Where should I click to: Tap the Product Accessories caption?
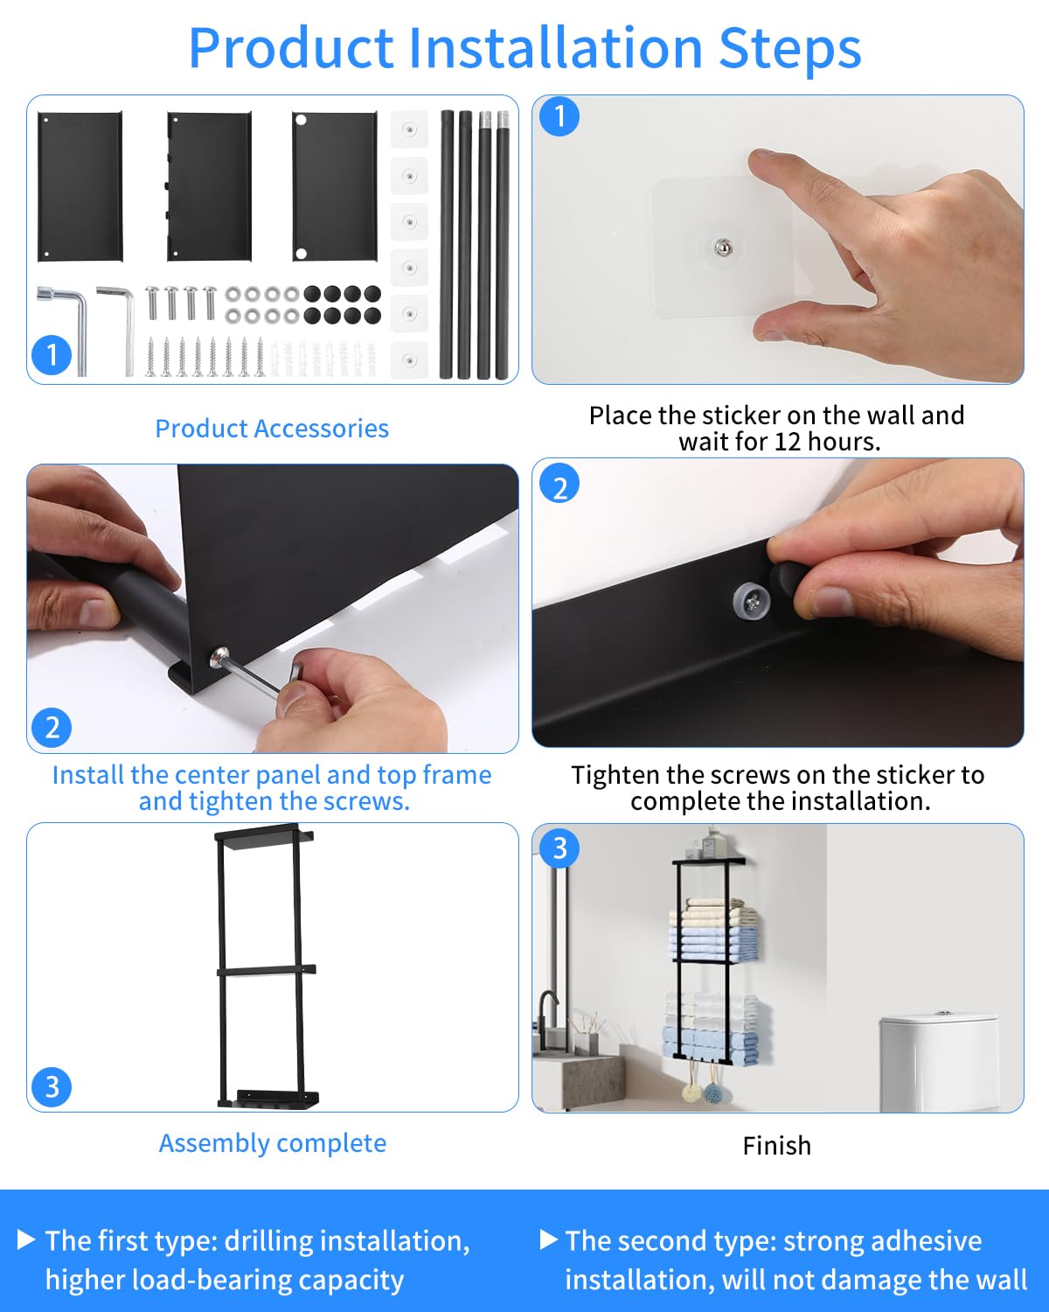coord(272,429)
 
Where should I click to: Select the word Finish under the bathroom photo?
coord(777,1146)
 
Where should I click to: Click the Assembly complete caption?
coord(273,1143)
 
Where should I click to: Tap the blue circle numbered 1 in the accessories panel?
coord(52,355)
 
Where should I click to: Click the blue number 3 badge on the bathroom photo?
coord(559,848)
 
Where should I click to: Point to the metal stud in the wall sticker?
coord(723,248)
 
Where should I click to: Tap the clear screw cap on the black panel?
coord(751,601)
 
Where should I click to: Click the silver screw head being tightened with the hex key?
coord(219,657)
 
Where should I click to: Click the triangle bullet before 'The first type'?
coord(25,1239)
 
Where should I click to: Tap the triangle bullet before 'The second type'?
coord(549,1239)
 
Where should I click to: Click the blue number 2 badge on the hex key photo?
coord(52,728)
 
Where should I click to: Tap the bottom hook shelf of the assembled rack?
coord(268,1099)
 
